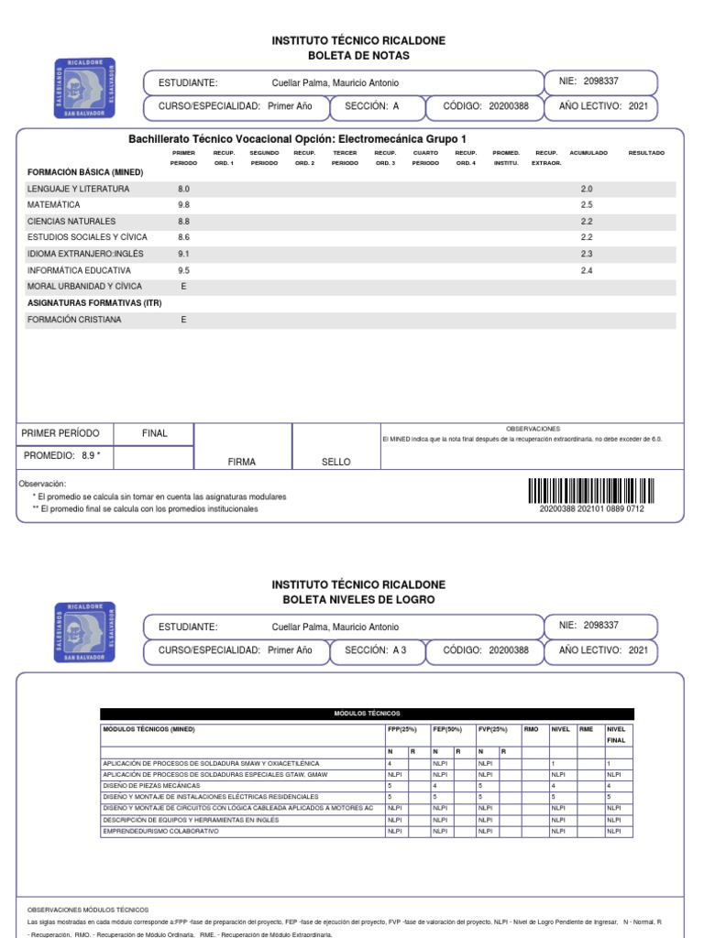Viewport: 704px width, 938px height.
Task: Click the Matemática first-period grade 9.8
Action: [183, 205]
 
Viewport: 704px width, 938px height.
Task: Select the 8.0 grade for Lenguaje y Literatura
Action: [183, 189]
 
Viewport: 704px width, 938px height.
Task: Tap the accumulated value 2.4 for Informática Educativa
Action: [587, 271]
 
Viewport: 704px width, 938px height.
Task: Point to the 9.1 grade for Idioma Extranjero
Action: [183, 254]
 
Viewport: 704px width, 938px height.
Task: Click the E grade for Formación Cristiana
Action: [183, 320]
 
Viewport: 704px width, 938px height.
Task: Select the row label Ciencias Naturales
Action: [71, 222]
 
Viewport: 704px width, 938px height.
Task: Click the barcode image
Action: [592, 491]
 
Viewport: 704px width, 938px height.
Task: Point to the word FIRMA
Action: [242, 463]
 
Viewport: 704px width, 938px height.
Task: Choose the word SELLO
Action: [335, 463]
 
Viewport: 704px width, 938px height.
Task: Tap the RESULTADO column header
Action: [646, 153]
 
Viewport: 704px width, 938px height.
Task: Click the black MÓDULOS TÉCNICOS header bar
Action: [367, 714]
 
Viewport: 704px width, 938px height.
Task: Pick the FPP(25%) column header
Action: [402, 729]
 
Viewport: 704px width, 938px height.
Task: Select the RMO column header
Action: [531, 729]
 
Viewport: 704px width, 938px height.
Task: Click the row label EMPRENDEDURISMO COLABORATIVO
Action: [160, 831]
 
